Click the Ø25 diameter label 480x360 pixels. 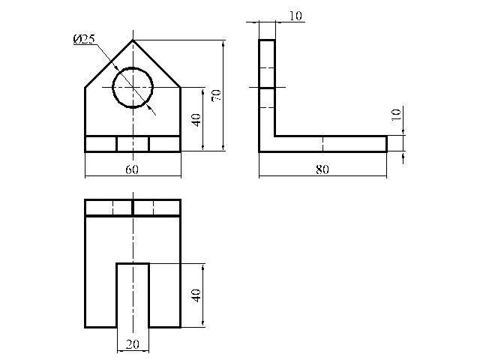pos(84,39)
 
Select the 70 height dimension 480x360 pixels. pos(216,96)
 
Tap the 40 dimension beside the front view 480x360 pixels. pos(196,120)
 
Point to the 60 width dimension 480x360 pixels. pos(132,169)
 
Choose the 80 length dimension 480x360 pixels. pos(322,169)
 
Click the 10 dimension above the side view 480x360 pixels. pos(295,16)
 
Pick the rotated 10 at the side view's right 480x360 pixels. pos(396,115)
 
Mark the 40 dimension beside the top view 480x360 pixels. pos(196,295)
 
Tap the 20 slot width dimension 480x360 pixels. pos(133,345)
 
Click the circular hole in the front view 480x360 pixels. pos(133,67)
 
